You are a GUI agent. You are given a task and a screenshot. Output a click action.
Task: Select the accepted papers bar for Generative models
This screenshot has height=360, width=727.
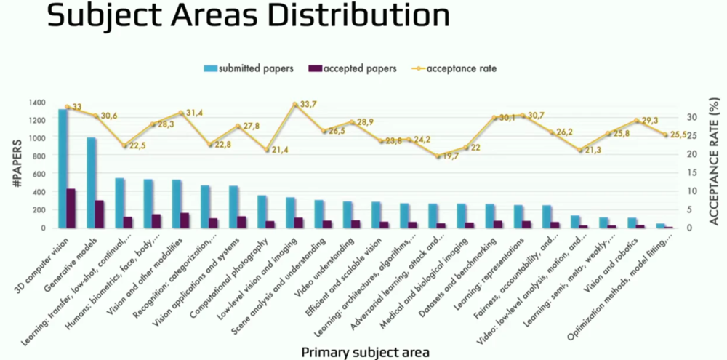click(100, 214)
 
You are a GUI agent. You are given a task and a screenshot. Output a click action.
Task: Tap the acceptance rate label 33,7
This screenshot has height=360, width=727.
click(309, 105)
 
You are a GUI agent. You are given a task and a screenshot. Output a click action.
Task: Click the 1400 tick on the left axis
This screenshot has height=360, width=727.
click(37, 102)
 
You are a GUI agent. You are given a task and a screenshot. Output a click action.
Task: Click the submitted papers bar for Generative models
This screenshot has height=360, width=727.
click(92, 183)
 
